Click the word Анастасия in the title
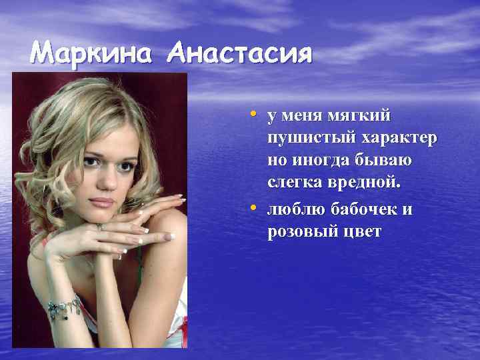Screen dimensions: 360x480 (241, 53)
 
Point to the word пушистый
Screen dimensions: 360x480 (311, 139)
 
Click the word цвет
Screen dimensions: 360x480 (365, 233)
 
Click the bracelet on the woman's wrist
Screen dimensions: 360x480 (64, 307)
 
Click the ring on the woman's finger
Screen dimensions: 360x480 (100, 227)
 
